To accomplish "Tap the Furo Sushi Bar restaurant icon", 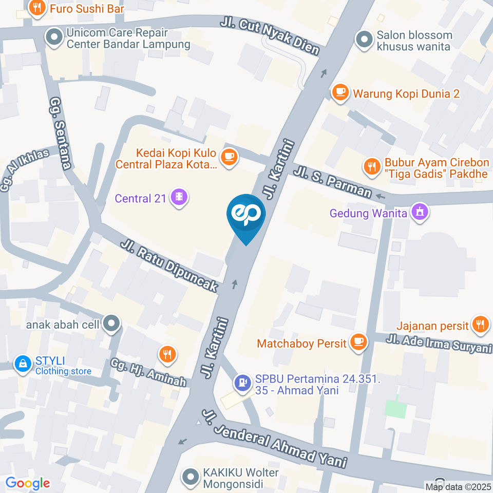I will pyautogui.click(x=36, y=7).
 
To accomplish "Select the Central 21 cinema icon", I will pyautogui.click(x=179, y=198).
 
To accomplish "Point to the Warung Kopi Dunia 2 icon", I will pyautogui.click(x=339, y=92).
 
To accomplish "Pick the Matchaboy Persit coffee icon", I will pyautogui.click(x=358, y=342).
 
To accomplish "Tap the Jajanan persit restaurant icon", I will pyautogui.click(x=480, y=324).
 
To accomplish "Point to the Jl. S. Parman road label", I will pyautogui.click(x=332, y=181).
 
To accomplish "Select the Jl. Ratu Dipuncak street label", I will pyautogui.click(x=169, y=266).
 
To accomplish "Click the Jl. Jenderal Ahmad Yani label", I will pyautogui.click(x=274, y=439).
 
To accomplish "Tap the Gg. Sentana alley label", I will pyautogui.click(x=61, y=134).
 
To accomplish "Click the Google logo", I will pyautogui.click(x=28, y=483).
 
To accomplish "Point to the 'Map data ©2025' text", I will pyautogui.click(x=458, y=486).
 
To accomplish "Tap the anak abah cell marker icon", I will pyautogui.click(x=110, y=324).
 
